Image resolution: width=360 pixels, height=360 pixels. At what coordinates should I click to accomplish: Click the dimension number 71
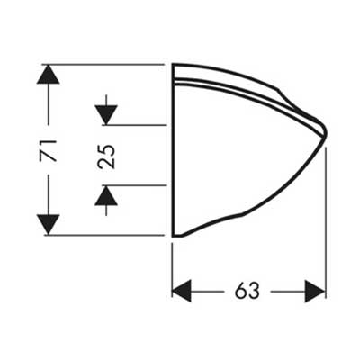[x=48, y=150]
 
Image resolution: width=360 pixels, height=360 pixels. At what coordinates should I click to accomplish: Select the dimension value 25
[x=106, y=157]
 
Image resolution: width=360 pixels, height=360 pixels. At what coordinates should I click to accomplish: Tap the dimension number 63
[x=247, y=291]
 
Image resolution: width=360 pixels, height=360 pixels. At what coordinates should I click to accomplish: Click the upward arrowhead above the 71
[x=48, y=75]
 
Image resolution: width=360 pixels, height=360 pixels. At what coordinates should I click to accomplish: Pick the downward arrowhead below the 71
[x=48, y=225]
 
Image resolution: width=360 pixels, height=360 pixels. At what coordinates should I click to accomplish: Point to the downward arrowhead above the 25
[x=106, y=115]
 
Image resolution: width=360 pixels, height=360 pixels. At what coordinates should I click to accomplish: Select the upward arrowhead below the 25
[x=106, y=195]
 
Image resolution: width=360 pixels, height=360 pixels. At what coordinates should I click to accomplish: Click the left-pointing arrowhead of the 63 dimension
[x=182, y=291]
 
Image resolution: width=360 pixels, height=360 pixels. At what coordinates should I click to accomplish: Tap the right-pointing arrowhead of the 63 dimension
[x=315, y=291]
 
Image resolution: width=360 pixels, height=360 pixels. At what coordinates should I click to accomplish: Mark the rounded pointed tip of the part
[x=326, y=133]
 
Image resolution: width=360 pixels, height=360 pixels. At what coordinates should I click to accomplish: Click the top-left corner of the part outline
[x=173, y=64]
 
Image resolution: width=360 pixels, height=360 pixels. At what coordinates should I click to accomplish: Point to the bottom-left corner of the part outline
[x=173, y=236]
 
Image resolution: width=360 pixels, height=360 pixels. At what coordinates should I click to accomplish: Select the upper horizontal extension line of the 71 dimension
[x=103, y=64]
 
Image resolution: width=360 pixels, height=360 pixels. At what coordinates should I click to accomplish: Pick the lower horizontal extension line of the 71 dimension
[x=104, y=235]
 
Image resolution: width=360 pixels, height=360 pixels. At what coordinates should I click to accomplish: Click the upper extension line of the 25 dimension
[x=134, y=125]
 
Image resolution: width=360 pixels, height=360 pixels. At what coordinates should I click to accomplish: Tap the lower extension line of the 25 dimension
[x=134, y=185]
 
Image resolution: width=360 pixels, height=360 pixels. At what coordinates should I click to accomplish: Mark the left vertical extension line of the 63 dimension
[x=172, y=270]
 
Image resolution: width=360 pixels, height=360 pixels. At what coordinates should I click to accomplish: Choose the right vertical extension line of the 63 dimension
[x=326, y=222]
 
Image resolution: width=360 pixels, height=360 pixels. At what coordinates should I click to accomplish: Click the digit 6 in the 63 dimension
[x=241, y=291]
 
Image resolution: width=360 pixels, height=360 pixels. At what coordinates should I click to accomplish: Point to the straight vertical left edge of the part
[x=173, y=150]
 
